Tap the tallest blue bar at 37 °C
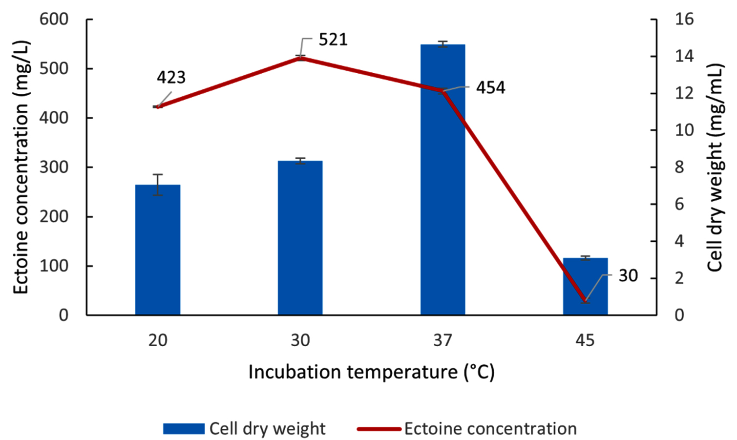(x=442, y=195)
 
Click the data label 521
(x=333, y=40)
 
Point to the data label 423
(x=171, y=78)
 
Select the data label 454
(x=490, y=88)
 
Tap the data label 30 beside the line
(x=628, y=276)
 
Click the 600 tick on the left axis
(x=54, y=19)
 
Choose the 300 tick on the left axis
(x=54, y=167)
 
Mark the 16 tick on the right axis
(x=684, y=19)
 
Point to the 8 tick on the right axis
(x=679, y=167)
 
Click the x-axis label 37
(x=442, y=340)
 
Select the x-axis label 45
(x=585, y=340)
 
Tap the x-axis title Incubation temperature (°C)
(x=371, y=372)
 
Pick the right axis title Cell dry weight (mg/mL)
(x=715, y=167)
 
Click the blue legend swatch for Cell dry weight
(x=184, y=429)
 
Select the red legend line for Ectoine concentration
(x=379, y=429)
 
